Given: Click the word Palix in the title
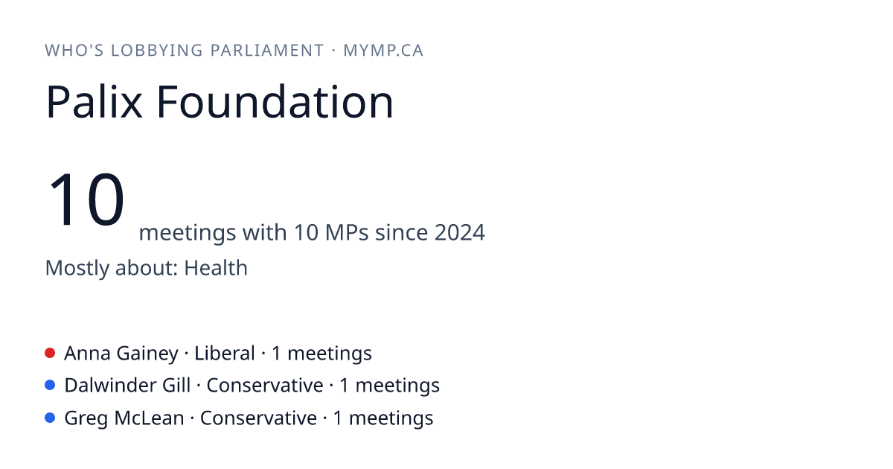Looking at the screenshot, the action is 94,102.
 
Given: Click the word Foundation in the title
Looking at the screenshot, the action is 275,102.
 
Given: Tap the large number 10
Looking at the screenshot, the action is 86,199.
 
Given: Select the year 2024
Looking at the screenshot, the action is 460,232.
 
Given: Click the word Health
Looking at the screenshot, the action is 216,267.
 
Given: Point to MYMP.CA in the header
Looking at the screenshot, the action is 383,51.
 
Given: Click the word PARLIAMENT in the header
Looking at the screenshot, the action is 267,51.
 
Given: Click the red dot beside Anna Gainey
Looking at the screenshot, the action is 50,353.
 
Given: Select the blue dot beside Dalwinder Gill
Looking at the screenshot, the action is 50,386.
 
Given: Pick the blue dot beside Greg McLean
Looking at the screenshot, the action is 50,418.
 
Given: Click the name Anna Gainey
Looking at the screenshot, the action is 121,354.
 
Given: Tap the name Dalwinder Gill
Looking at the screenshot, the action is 127,386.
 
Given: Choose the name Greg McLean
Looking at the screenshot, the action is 124,418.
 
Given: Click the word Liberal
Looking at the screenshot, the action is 225,354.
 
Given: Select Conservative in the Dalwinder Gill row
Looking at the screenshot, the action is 265,386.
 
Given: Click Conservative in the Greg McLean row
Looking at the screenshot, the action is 258,418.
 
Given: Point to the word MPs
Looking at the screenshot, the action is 347,232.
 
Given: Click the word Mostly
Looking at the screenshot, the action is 77,268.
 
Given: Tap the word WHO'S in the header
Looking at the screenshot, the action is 74,51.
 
